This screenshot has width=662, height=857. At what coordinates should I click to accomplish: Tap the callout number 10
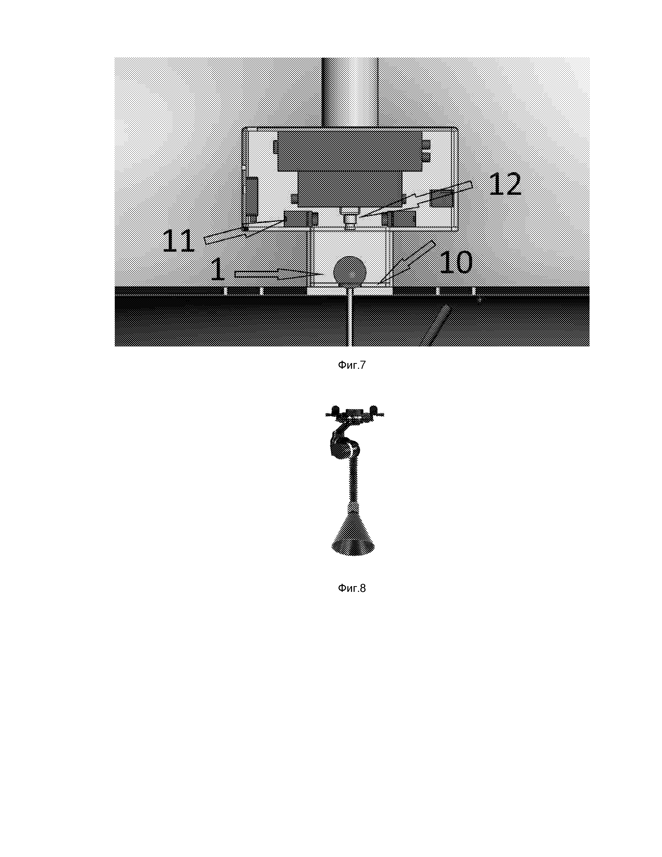pyautogui.click(x=456, y=262)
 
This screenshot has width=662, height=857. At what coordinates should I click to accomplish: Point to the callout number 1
pyautogui.click(x=218, y=269)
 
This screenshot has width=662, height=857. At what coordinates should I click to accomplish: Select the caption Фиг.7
pyautogui.click(x=352, y=365)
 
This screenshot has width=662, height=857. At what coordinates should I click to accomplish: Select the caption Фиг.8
pyautogui.click(x=352, y=588)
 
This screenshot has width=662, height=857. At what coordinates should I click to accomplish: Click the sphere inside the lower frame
pyautogui.click(x=349, y=271)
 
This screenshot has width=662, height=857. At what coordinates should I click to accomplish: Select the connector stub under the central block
pyautogui.click(x=349, y=219)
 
